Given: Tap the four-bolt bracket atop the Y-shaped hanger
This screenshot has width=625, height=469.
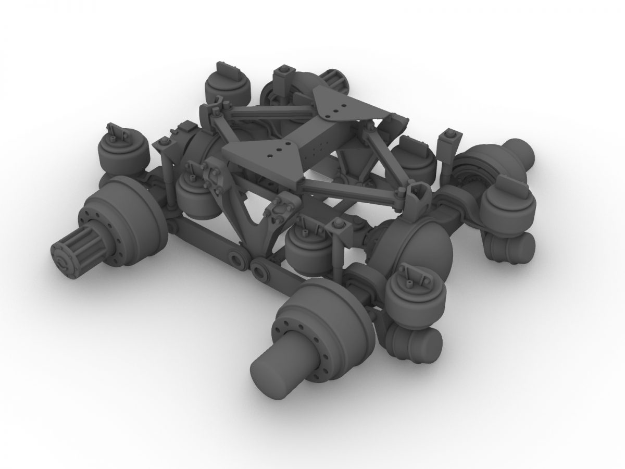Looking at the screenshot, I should (214, 177).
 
